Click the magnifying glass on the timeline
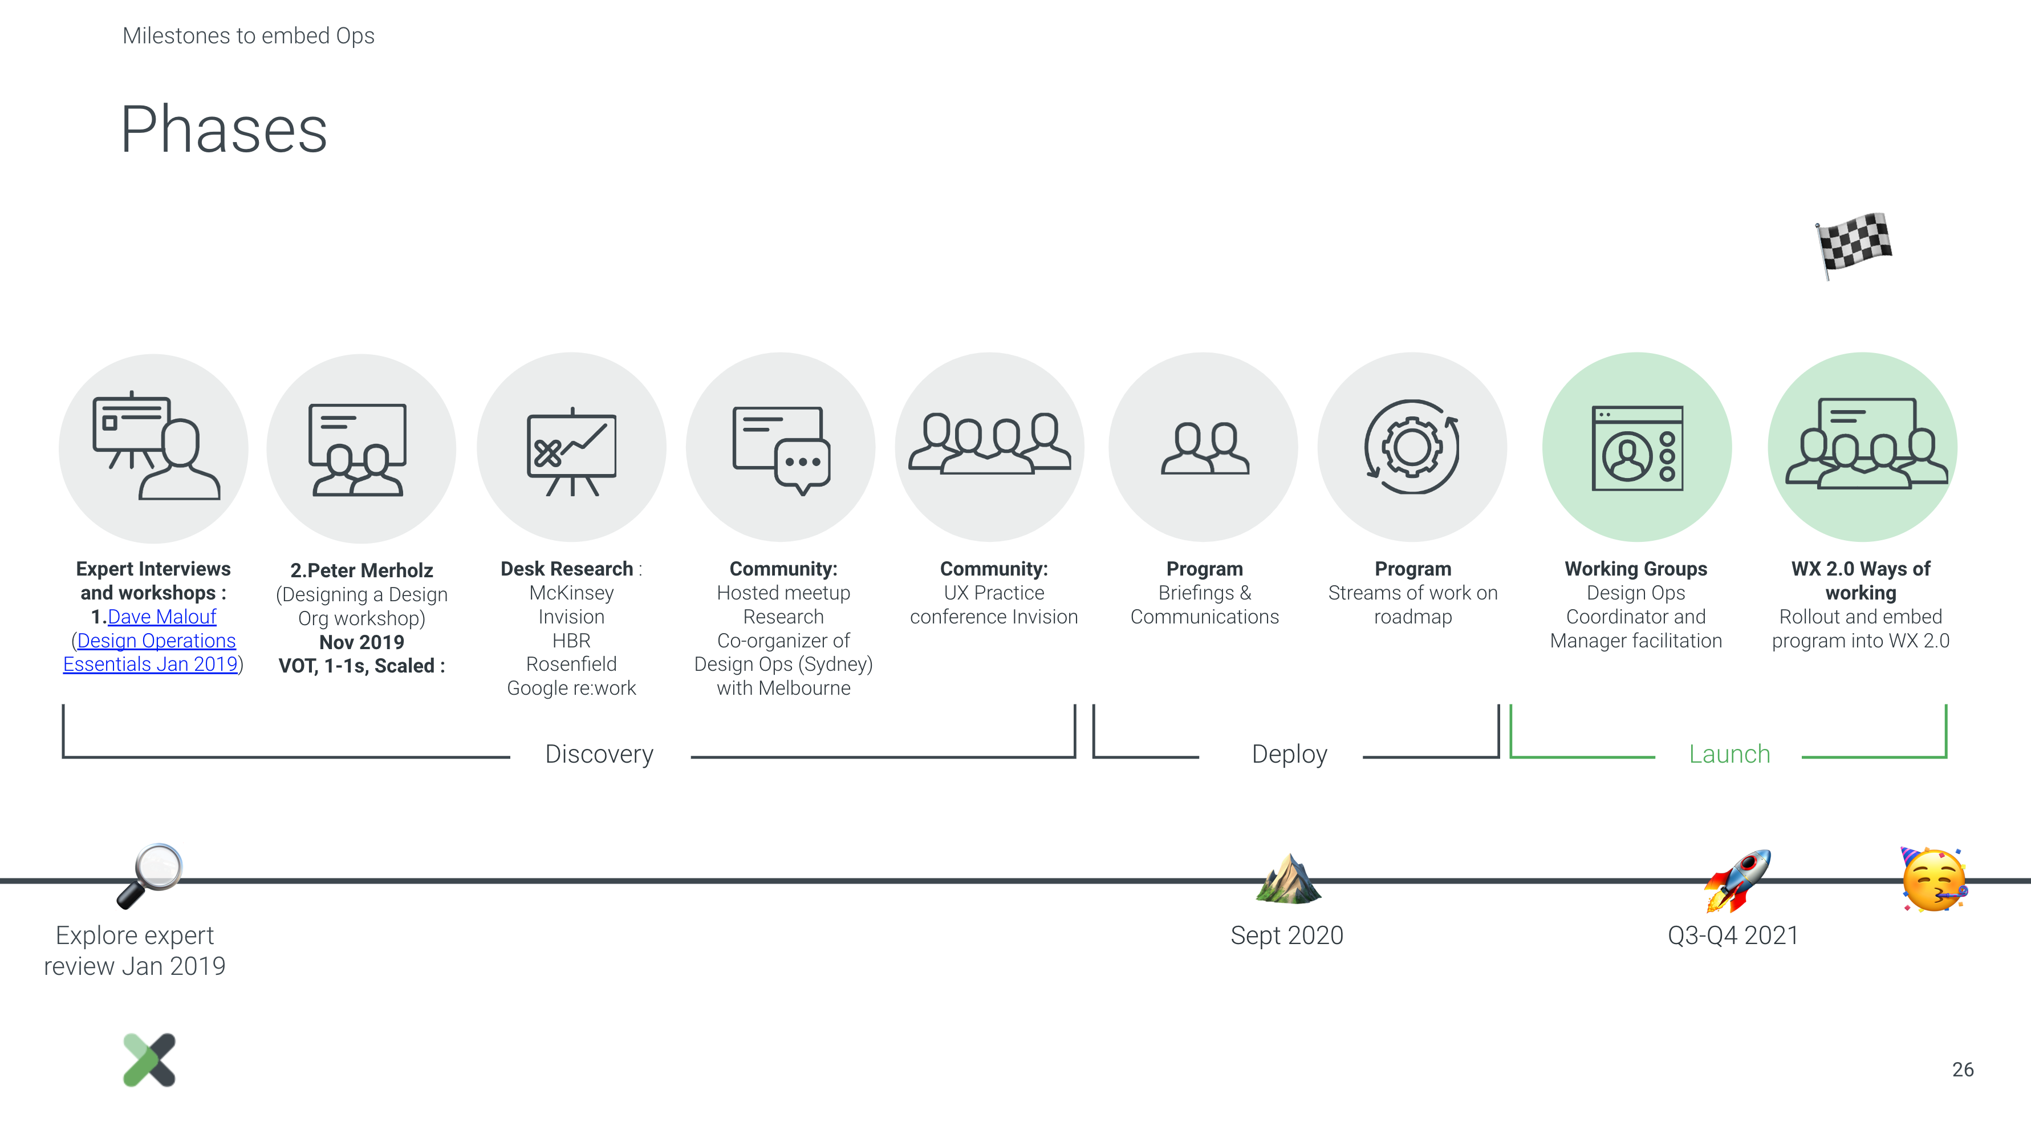[150, 876]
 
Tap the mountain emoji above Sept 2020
[1288, 878]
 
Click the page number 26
[1963, 1070]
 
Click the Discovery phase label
[599, 754]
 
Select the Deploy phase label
[1289, 754]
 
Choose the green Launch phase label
[1729, 754]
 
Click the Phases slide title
[224, 129]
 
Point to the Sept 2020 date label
[1287, 935]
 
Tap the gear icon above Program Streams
[1412, 447]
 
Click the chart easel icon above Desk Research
[572, 452]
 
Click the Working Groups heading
[1636, 569]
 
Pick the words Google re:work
[572, 688]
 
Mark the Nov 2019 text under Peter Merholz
[362, 642]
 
